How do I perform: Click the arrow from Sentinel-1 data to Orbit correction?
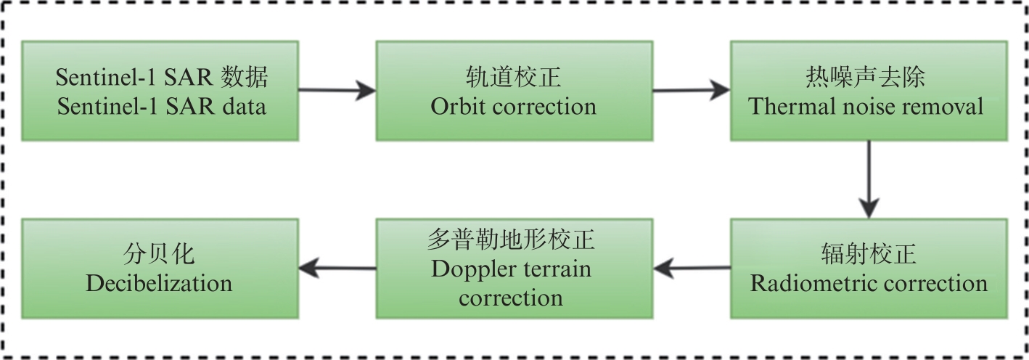pyautogui.click(x=337, y=91)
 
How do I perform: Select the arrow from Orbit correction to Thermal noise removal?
pyautogui.click(x=691, y=91)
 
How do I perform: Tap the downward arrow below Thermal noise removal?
pyautogui.click(x=869, y=178)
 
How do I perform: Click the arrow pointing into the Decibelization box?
pyautogui.click(x=337, y=267)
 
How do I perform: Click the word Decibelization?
pyautogui.click(x=159, y=282)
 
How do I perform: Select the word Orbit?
pyautogui.click(x=456, y=107)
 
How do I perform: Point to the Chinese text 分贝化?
pyautogui.click(x=158, y=253)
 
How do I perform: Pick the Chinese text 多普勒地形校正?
pyautogui.click(x=512, y=240)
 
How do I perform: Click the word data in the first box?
pyautogui.click(x=242, y=107)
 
